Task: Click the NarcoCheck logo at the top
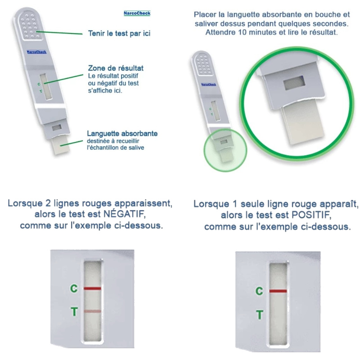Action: pos(137,13)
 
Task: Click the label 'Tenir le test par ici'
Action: pos(119,33)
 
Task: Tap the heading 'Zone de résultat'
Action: pos(116,68)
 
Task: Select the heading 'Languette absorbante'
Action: pos(122,133)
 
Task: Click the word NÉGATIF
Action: pos(124,214)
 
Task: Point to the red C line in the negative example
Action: pos(92,288)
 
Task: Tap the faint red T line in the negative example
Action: pos(92,311)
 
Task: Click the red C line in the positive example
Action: pos(278,291)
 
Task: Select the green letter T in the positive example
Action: pos(260,315)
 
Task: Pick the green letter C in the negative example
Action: pos(74,288)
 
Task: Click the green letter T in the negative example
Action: pos(74,312)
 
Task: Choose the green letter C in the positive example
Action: pos(259,291)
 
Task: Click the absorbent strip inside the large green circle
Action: pos(302,124)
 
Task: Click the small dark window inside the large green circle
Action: pos(294,83)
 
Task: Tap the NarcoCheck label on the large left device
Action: pos(36,52)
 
